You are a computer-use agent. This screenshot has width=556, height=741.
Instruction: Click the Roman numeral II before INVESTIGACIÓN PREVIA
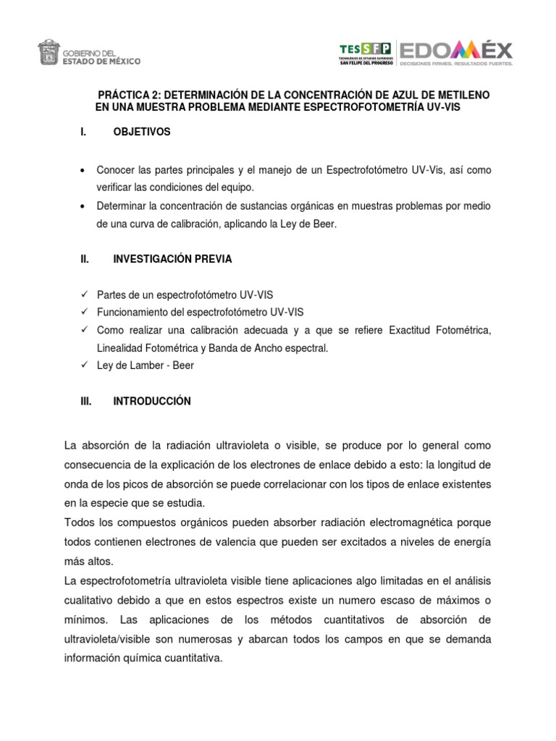pyautogui.click(x=83, y=259)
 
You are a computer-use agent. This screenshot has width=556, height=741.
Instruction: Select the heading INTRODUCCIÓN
pyautogui.click(x=152, y=402)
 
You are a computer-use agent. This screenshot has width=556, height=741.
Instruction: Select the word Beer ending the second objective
pyautogui.click(x=325, y=225)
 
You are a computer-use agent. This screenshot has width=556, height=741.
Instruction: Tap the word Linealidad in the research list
pyautogui.click(x=121, y=348)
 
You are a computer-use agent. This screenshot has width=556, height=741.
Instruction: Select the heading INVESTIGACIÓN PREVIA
pyautogui.click(x=172, y=259)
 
